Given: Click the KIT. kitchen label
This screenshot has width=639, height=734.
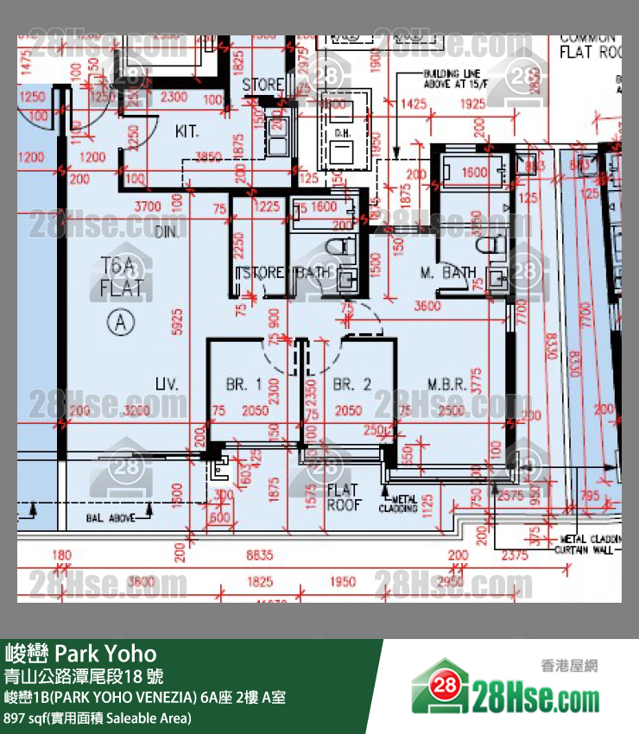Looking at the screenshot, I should [x=187, y=132].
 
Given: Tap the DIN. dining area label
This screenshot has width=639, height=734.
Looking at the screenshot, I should [x=165, y=232].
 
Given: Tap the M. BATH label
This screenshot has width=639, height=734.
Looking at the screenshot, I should [x=448, y=273].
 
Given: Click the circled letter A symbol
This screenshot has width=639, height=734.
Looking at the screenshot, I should [x=122, y=323].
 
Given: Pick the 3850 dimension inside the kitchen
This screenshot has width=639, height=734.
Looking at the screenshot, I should [x=208, y=157].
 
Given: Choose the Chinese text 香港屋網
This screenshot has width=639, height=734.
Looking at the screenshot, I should [x=569, y=666].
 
